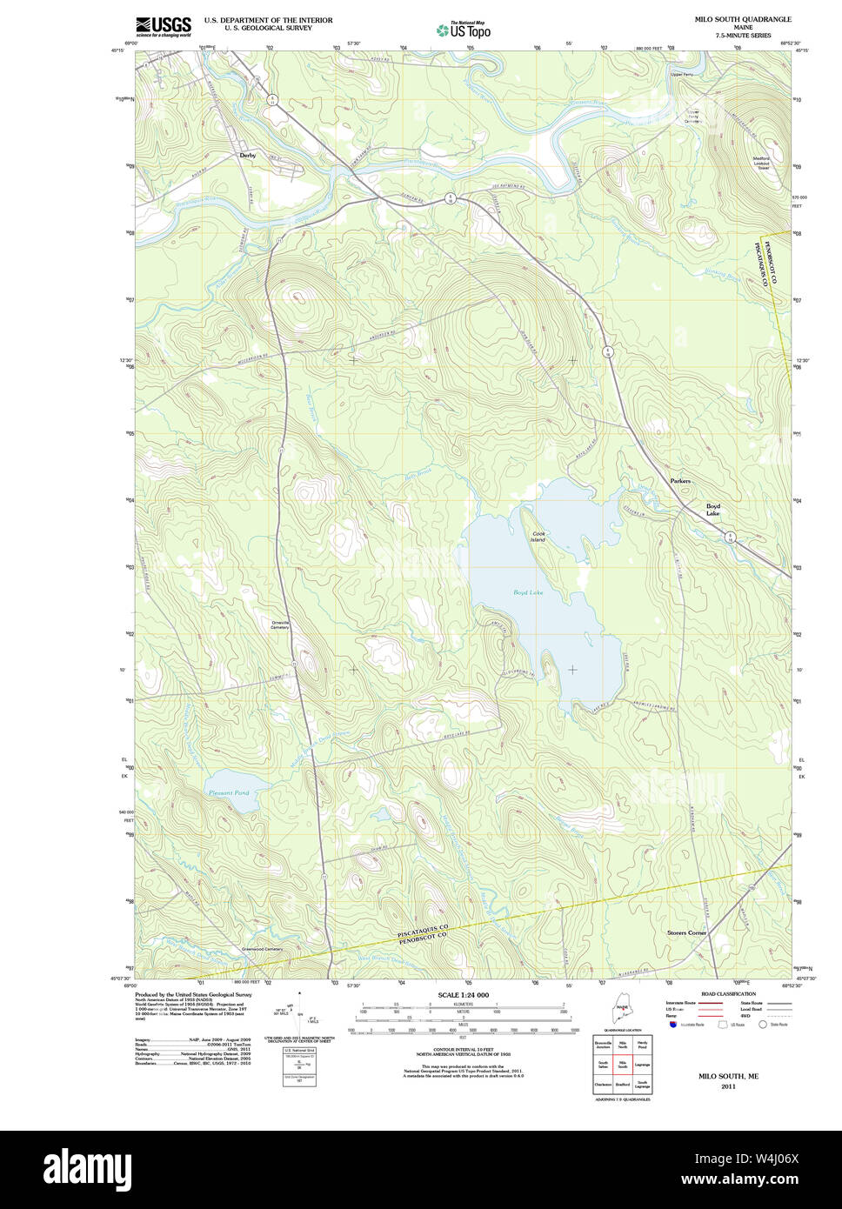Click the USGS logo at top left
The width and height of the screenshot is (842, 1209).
coord(164,25)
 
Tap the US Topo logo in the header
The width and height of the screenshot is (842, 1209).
coord(464,30)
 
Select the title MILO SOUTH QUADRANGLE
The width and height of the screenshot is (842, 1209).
coord(742,19)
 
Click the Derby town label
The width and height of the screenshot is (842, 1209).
coord(248,156)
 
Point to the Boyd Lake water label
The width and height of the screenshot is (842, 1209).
coord(527,592)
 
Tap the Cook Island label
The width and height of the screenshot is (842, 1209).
coord(538,537)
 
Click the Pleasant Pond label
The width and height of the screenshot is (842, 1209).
coord(228,792)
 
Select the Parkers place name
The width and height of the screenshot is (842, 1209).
coord(680,481)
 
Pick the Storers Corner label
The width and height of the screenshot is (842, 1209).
coord(686,932)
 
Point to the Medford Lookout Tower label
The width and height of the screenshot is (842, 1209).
coord(762,163)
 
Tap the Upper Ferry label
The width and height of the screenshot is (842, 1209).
coord(682,75)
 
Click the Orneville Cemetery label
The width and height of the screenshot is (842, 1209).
coord(279,625)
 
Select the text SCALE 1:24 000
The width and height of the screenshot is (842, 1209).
coord(463,995)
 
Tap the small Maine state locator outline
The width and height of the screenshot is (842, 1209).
coord(622,1012)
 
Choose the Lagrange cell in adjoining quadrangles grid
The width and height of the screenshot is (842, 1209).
coord(642,1064)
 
